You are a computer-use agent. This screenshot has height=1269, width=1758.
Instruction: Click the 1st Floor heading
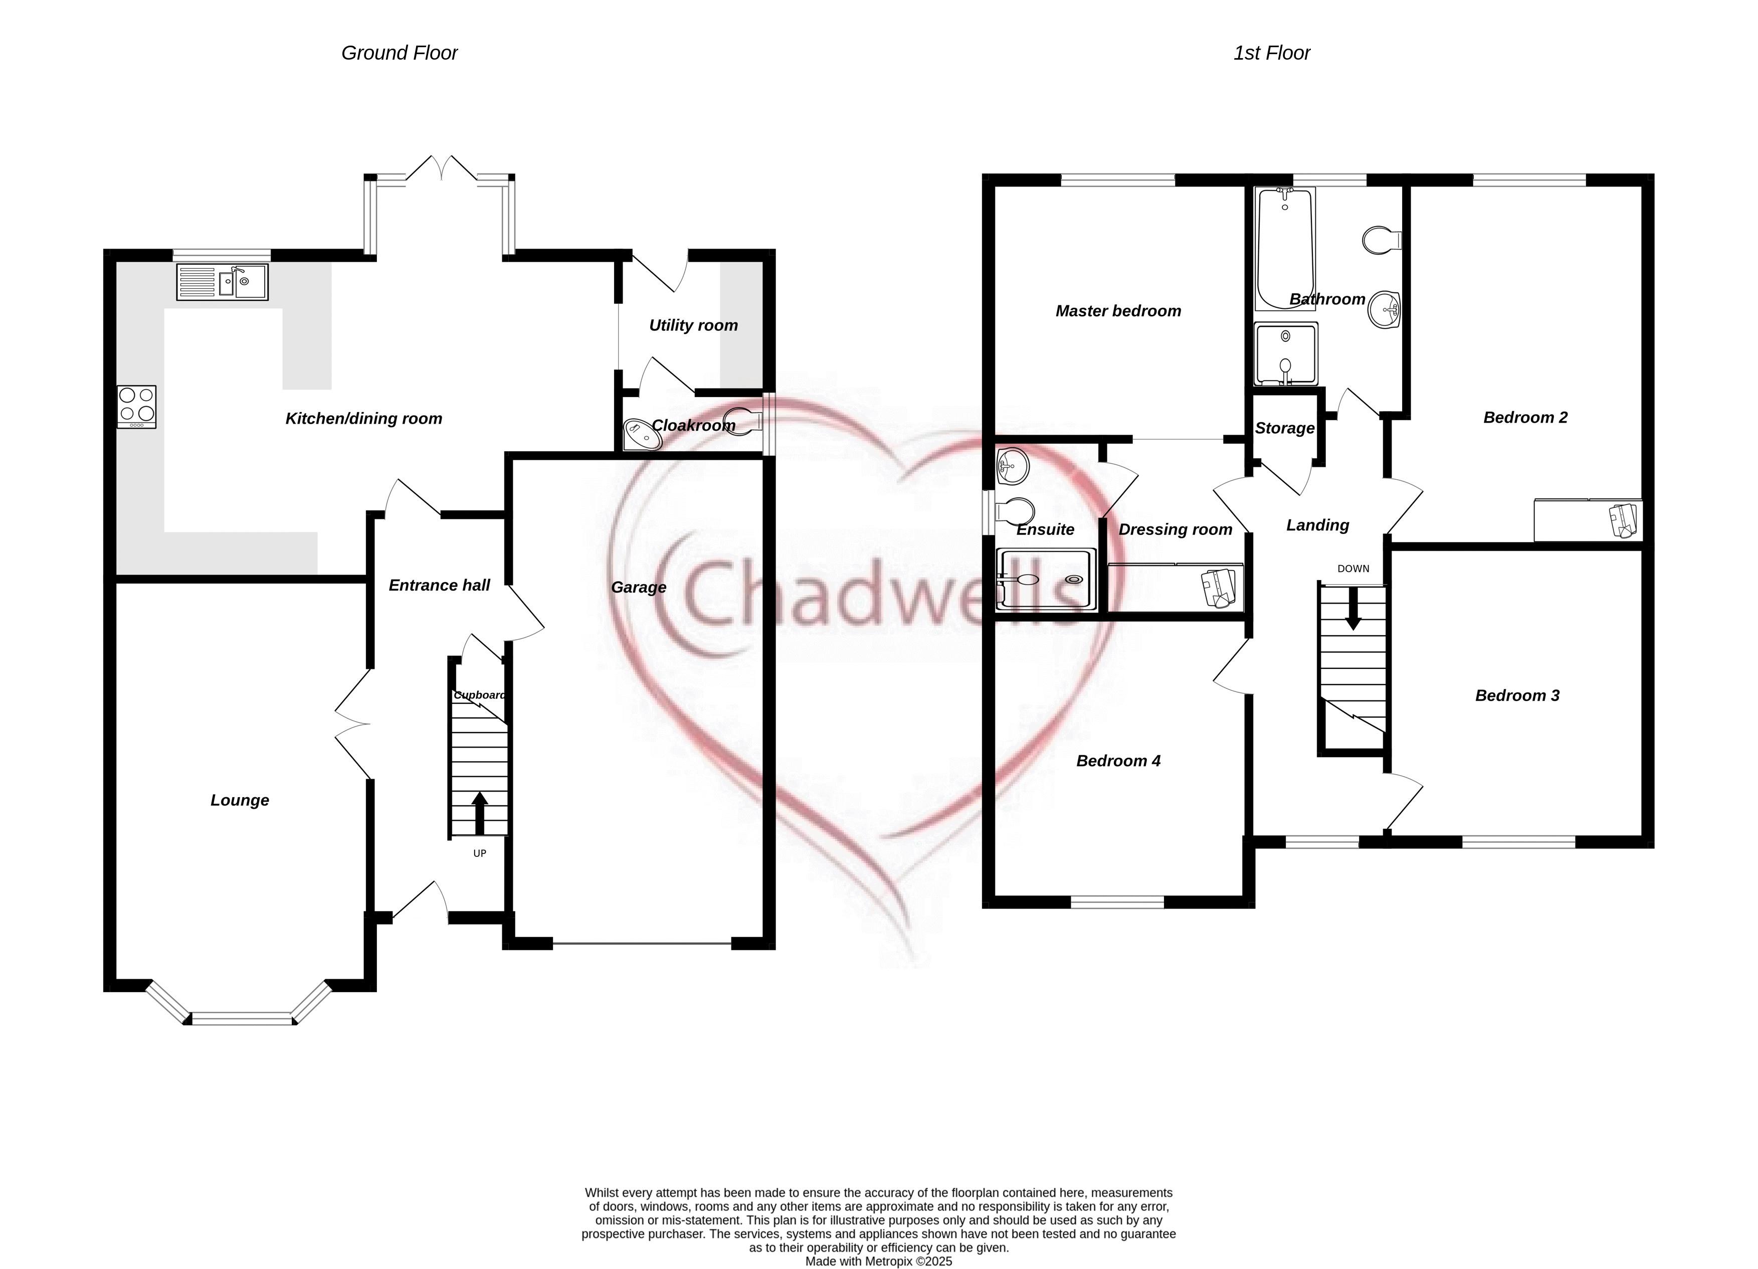pos(1271,53)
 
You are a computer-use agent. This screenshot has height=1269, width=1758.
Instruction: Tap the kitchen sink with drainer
pos(223,281)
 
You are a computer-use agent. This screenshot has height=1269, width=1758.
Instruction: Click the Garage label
pos(639,587)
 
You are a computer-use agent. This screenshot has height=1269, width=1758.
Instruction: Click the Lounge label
pos(240,800)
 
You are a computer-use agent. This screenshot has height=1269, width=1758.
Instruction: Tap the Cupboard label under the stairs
pos(480,694)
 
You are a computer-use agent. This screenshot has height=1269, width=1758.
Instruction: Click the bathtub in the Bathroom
pos(1284,248)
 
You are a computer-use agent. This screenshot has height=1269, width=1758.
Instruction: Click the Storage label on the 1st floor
pos(1284,428)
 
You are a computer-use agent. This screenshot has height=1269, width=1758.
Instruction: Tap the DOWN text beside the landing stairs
pos(1353,569)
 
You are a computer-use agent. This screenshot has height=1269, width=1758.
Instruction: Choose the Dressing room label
pos(1175,529)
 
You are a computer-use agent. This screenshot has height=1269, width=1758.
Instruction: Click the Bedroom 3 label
pos(1517,695)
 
